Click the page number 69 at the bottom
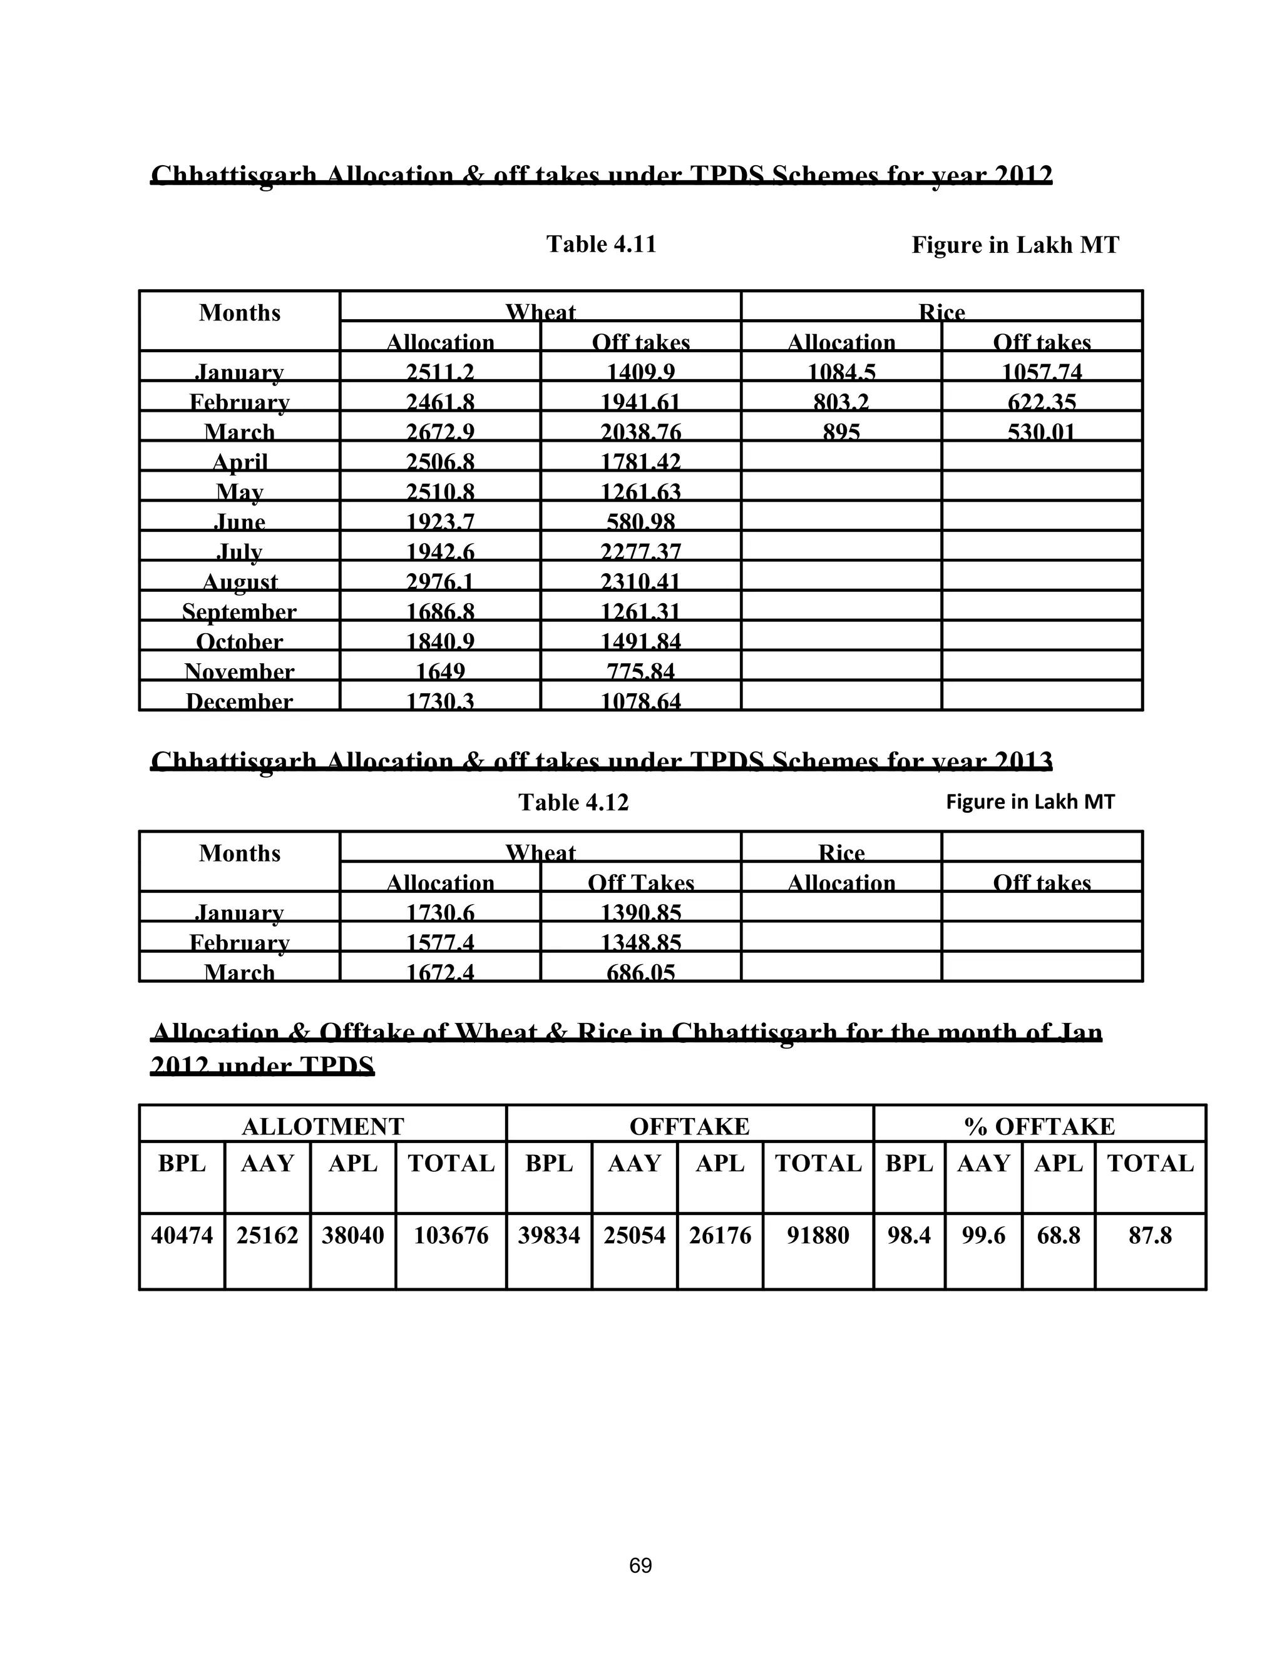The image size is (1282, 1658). (640, 1565)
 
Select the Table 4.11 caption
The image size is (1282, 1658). (601, 245)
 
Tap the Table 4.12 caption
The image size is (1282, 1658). (573, 803)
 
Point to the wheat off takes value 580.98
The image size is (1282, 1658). (640, 522)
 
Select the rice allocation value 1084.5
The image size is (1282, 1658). (841, 372)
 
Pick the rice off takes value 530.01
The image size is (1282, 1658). (1041, 432)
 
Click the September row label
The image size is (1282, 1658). (239, 611)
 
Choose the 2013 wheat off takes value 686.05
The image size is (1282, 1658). (640, 972)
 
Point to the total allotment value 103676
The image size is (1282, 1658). (450, 1236)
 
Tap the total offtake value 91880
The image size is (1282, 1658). (818, 1236)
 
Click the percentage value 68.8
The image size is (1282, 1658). (1058, 1236)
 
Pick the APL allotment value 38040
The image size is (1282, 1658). (352, 1236)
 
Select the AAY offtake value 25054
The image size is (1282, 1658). (634, 1236)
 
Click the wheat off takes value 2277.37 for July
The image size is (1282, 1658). (640, 551)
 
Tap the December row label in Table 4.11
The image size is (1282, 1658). (239, 701)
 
